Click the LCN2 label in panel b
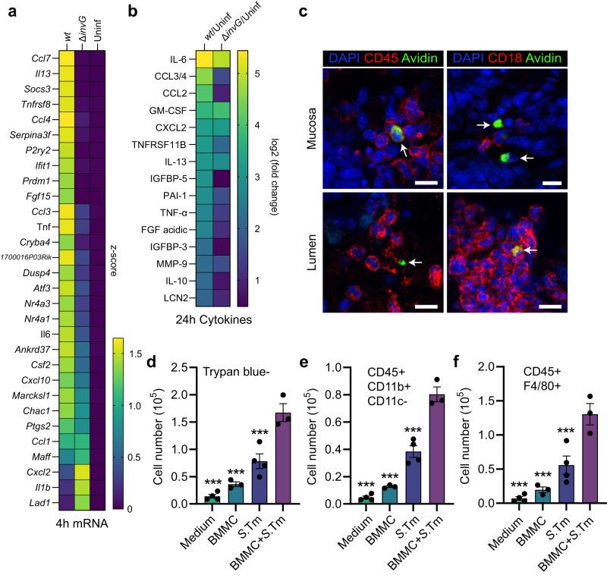pyautogui.click(x=180, y=297)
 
